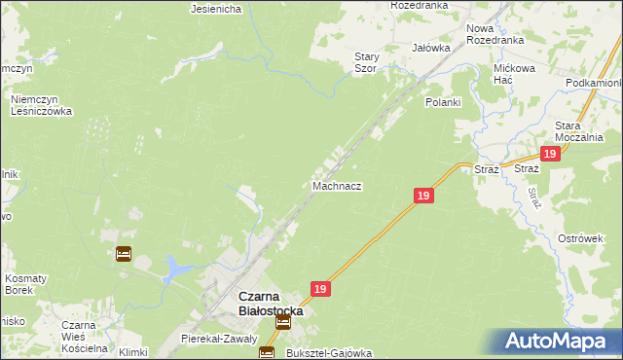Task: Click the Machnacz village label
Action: coord(338,185)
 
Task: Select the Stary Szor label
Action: coord(366,63)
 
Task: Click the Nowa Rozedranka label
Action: coord(495,35)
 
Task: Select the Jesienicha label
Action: coord(216,10)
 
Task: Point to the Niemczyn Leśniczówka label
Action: coord(41,105)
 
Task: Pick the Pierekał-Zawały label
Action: coord(218,339)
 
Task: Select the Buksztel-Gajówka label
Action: coord(329,353)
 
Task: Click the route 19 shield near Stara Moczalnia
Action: coord(550,154)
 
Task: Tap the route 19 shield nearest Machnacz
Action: coord(422,196)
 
